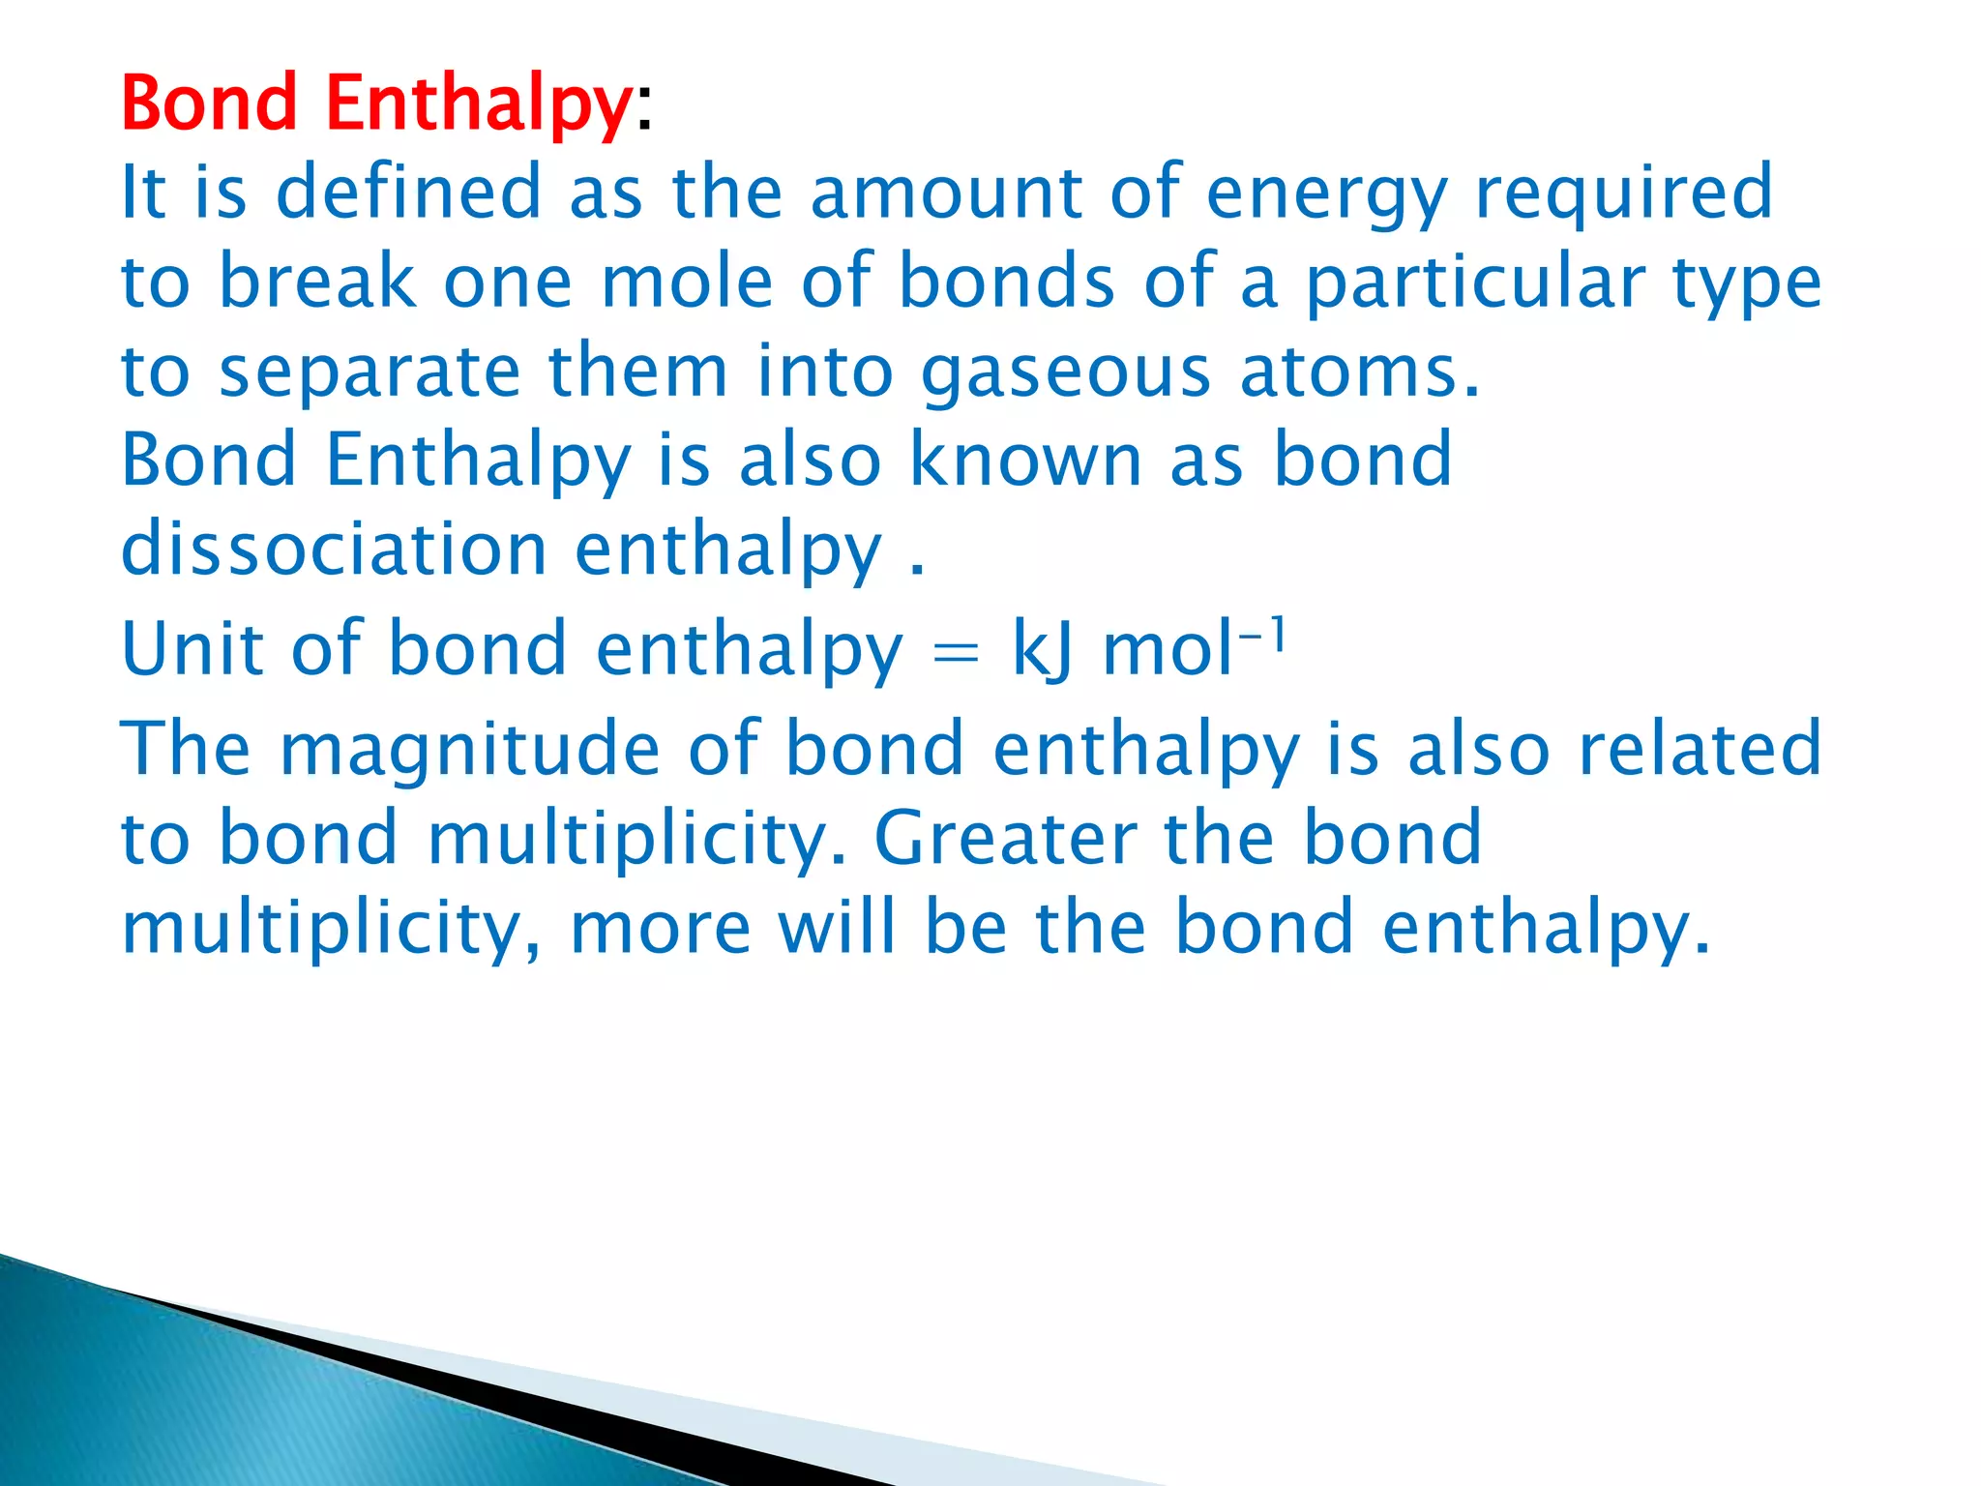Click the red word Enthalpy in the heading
coord(479,104)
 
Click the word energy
coord(1326,193)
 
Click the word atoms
coord(1359,371)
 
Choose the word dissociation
coord(335,549)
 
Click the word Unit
coord(192,648)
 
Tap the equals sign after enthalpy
coord(956,654)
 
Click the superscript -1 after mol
coord(1262,637)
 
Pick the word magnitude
coord(470,751)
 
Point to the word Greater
coord(1006,838)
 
